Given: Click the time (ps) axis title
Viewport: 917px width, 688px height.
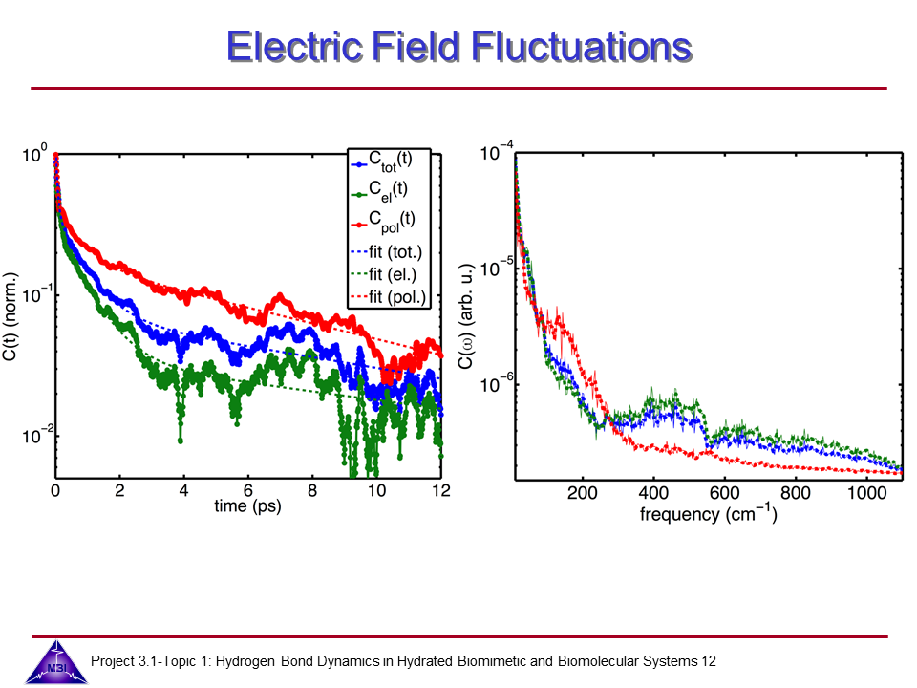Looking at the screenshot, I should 247,506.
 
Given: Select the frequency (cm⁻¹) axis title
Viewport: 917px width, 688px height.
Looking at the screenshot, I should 708,514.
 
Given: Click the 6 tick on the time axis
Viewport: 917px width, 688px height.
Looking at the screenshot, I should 248,490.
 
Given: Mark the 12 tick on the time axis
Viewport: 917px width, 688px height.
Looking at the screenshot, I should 440,490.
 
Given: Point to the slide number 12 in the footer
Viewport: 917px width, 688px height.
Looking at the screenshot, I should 708,661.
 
